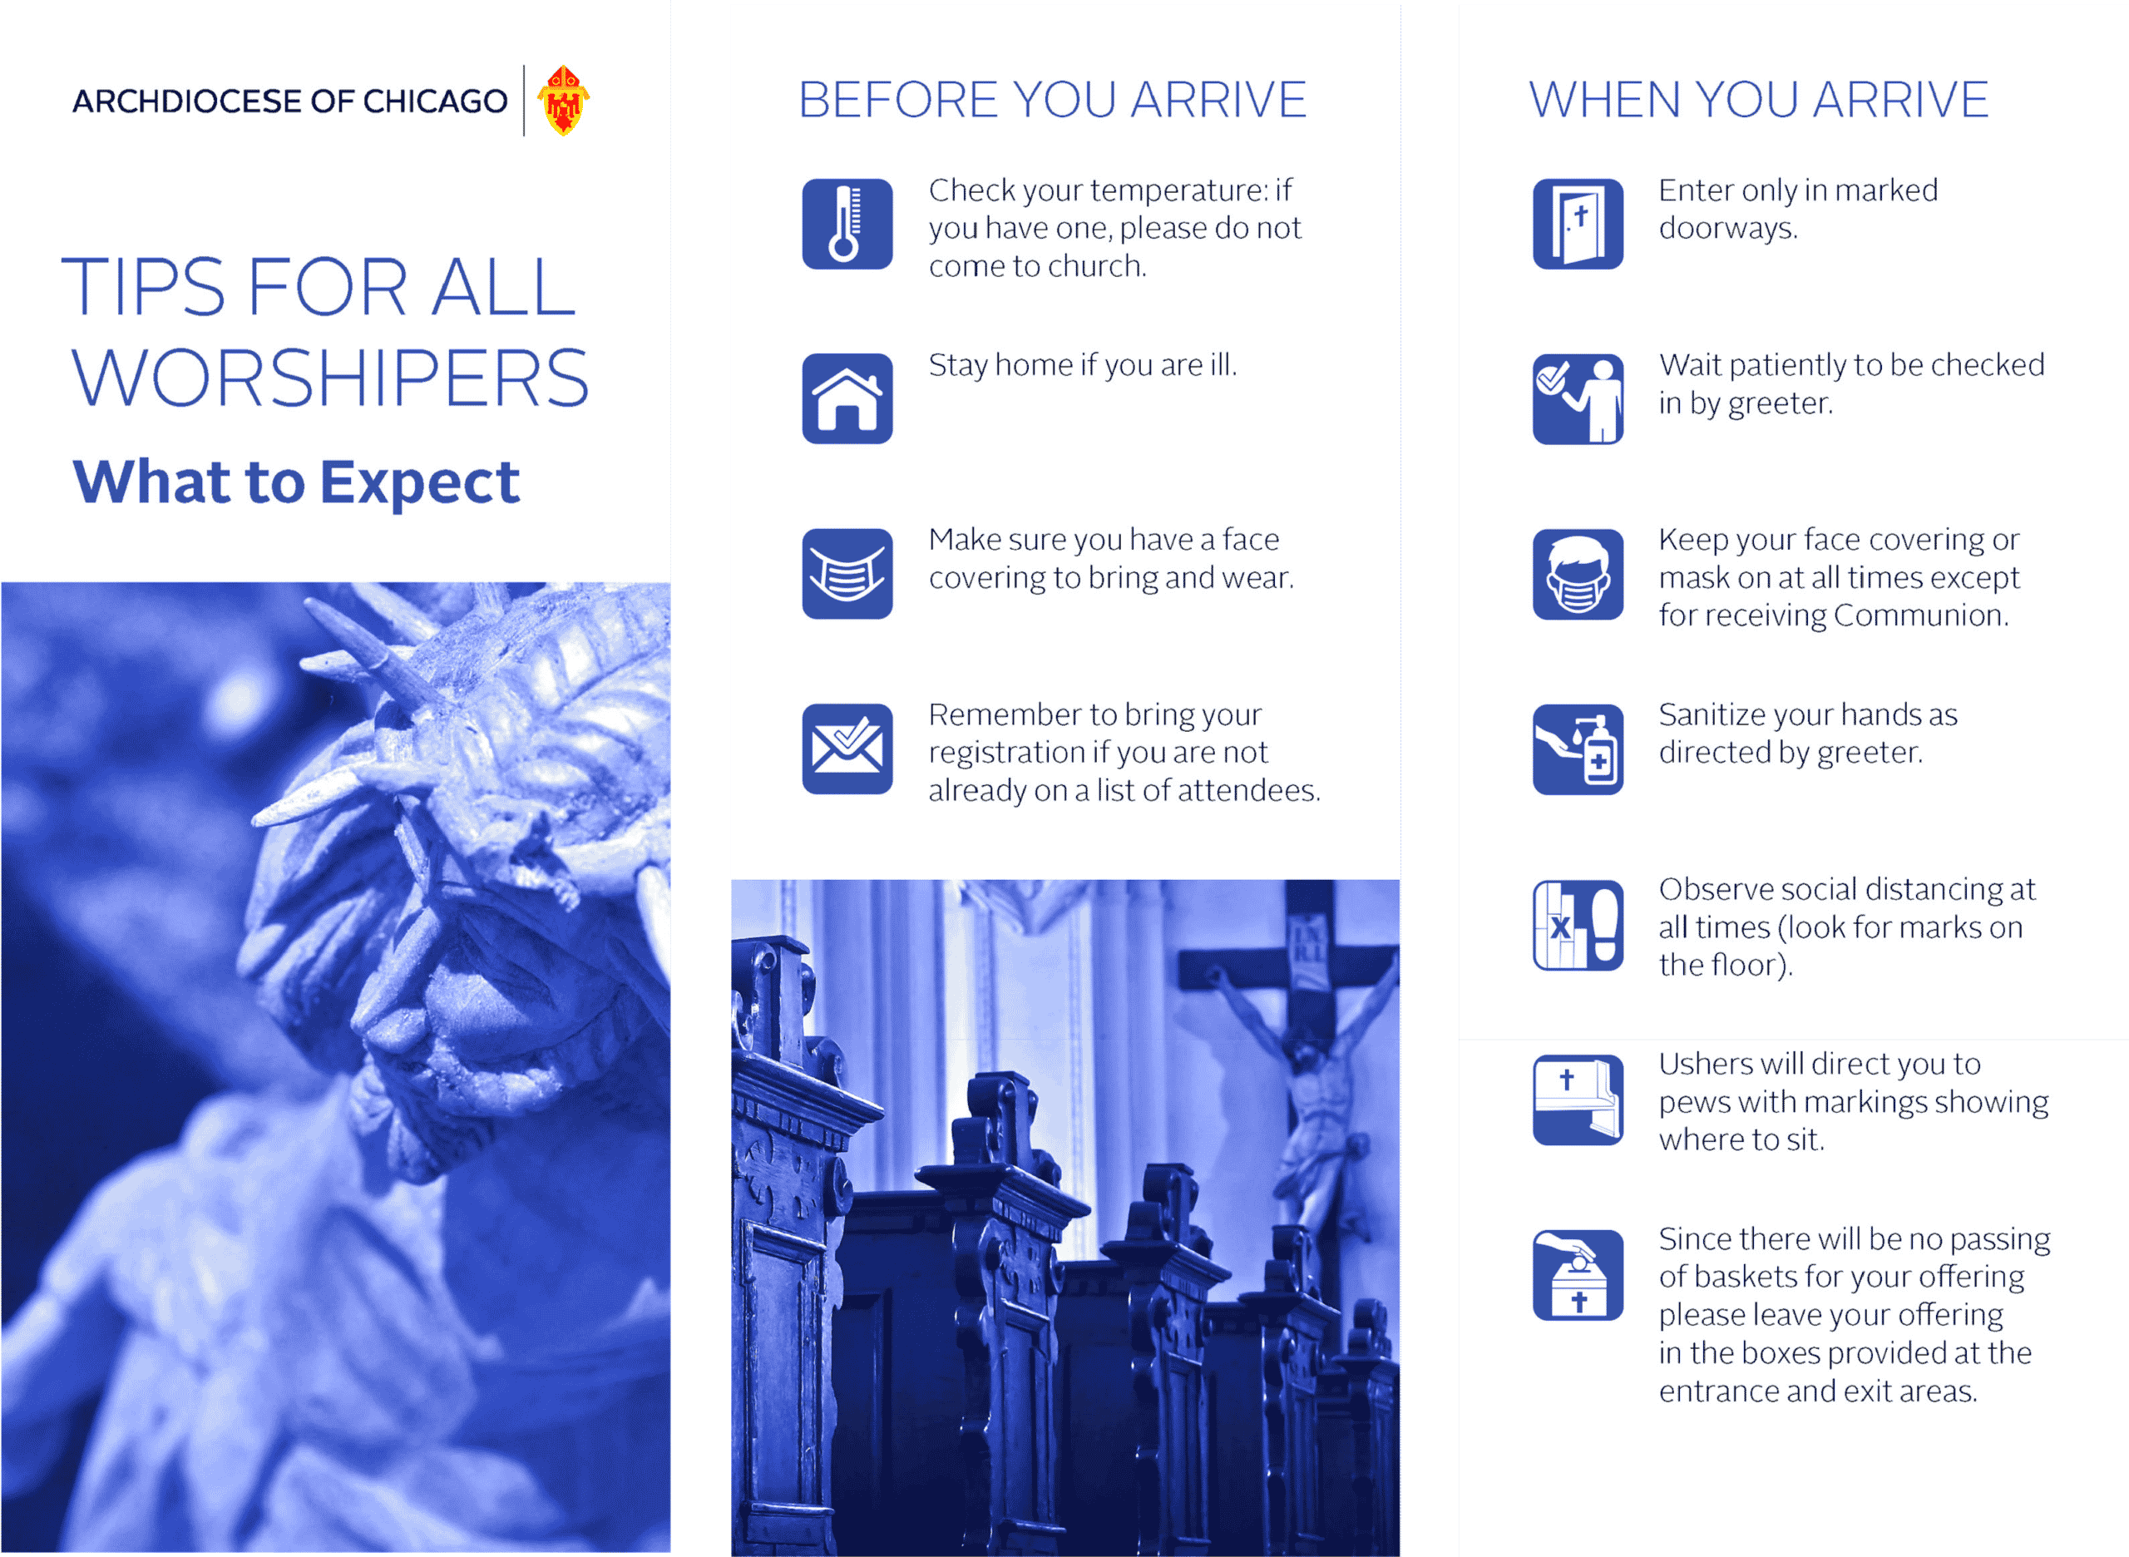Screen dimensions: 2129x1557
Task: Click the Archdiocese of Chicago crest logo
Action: (563, 100)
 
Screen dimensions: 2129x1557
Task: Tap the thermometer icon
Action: (847, 224)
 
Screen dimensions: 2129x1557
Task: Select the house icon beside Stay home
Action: (847, 398)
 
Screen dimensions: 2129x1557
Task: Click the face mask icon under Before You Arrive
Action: (847, 573)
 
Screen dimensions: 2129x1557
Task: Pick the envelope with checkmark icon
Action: (847, 749)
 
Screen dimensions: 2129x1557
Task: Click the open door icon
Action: (1577, 224)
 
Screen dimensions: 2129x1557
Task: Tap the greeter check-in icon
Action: (1577, 398)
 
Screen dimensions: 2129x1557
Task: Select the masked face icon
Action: (1577, 573)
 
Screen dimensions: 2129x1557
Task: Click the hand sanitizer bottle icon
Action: (1577, 749)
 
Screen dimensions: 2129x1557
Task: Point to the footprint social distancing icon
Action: (1577, 925)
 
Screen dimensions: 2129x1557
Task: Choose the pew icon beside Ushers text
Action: (1577, 1099)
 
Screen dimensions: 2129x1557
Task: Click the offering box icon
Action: (1577, 1274)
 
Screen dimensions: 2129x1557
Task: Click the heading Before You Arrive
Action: (1052, 99)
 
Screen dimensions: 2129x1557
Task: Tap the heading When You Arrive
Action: (1758, 99)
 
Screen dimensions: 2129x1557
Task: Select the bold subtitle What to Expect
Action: (296, 482)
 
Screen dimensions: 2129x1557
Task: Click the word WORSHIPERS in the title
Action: (330, 377)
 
